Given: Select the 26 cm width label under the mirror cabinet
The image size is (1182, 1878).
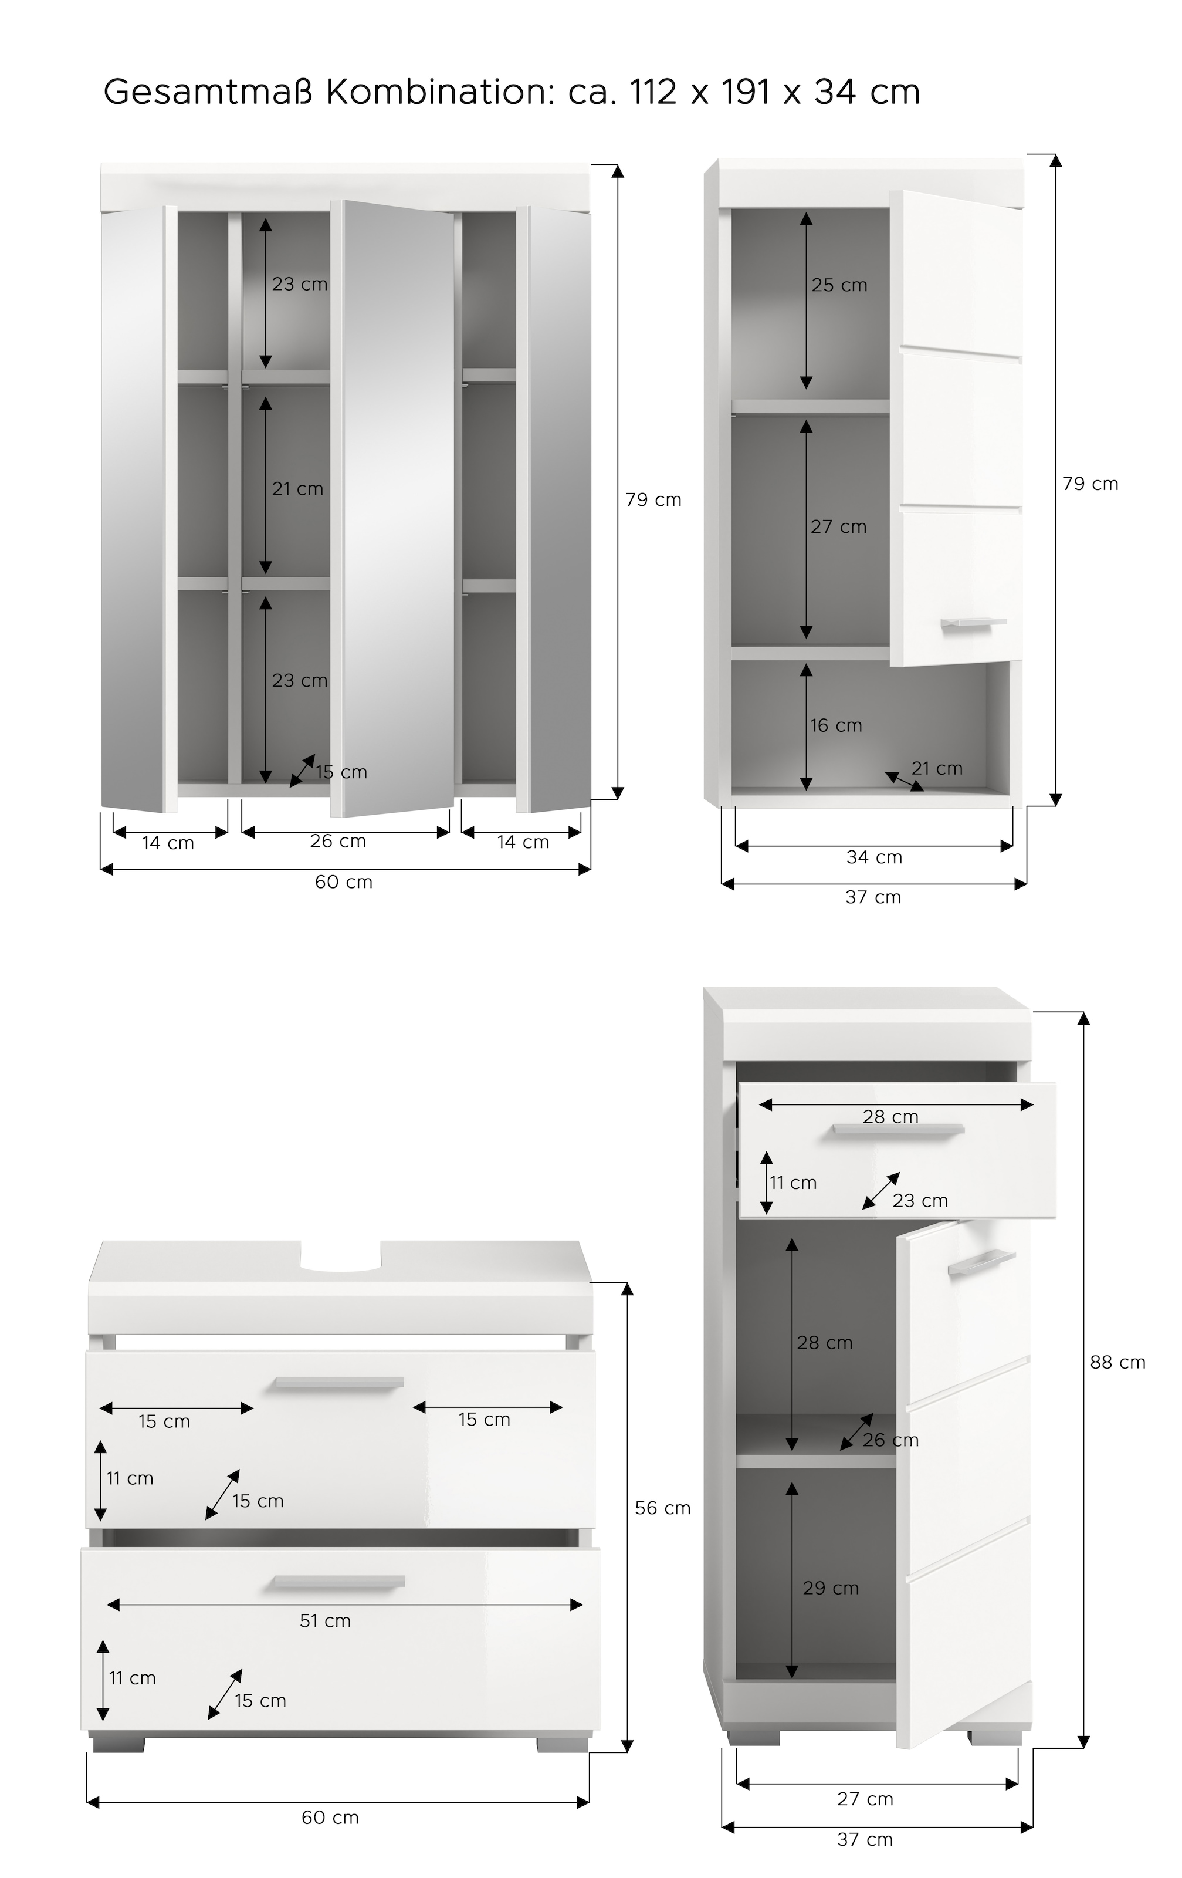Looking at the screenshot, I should pos(338,841).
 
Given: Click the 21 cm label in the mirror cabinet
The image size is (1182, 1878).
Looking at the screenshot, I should pos(297,489).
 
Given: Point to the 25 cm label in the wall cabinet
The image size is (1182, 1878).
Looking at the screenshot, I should pos(839,285).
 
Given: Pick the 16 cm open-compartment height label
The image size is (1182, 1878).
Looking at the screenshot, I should pos(836,725).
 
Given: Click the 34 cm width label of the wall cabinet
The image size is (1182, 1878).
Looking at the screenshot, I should pos(874,857).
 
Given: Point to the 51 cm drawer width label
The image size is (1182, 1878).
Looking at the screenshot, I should pos(325,1615).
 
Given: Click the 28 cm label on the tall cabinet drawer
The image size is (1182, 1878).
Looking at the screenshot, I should pos(890,1117).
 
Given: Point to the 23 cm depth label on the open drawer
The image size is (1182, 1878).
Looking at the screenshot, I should pos(920,1200).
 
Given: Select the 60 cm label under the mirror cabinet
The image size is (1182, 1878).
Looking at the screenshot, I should pos(343,882).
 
